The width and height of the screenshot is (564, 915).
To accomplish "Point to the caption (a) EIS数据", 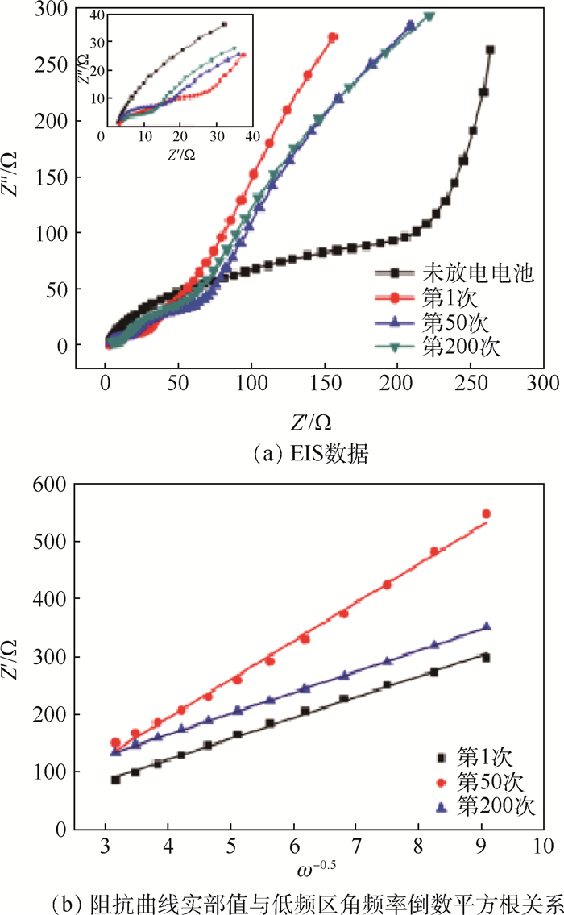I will coord(310,455).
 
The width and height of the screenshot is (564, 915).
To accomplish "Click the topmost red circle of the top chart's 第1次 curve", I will coord(334,37).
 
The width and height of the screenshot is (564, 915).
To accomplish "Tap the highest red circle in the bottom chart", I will coord(486,514).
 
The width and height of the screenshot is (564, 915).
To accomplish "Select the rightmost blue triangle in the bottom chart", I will coord(486,626).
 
